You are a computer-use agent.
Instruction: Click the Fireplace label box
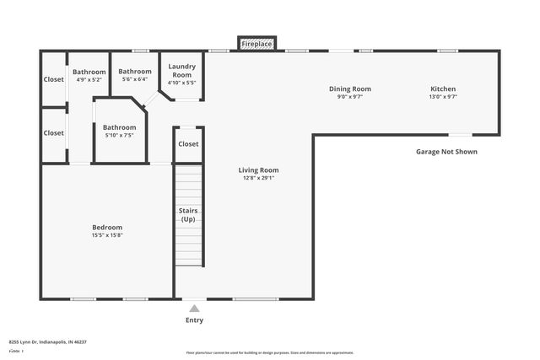[x=257, y=43]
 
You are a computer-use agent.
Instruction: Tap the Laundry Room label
[x=182, y=70]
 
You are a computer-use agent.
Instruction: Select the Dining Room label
[x=350, y=89]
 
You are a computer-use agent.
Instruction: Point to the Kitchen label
[x=443, y=89]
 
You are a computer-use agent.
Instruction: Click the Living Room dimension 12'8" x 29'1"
[x=258, y=178]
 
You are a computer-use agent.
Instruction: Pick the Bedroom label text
[x=107, y=227]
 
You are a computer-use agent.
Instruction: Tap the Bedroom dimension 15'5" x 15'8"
[x=107, y=235]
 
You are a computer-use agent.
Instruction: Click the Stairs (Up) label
[x=188, y=215]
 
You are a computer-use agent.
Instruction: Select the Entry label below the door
[x=194, y=320]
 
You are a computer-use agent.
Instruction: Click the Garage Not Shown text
[x=446, y=152]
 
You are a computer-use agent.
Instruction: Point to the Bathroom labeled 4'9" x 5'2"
[x=89, y=72]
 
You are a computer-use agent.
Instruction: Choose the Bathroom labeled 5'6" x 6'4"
[x=135, y=72]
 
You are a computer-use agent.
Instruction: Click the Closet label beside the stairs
[x=188, y=144]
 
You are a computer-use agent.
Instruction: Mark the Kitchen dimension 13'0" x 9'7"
[x=443, y=97]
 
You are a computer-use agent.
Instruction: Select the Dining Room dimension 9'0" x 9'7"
[x=350, y=97]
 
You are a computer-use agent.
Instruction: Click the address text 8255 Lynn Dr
[x=48, y=342]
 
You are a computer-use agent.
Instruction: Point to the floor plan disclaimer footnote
[x=270, y=352]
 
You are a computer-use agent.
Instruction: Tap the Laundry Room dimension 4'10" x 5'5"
[x=182, y=83]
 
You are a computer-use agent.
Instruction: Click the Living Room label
[x=258, y=169]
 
